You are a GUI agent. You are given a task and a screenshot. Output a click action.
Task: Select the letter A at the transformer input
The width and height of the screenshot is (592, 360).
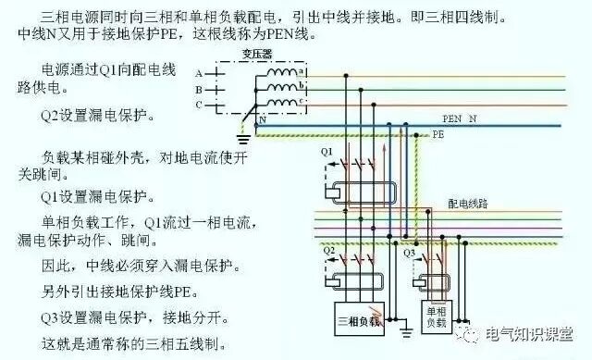[x=198, y=72]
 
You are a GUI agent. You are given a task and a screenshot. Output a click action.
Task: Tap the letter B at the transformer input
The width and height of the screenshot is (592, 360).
[x=198, y=89]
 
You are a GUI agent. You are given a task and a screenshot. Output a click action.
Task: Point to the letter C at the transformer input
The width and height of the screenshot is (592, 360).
[x=198, y=105]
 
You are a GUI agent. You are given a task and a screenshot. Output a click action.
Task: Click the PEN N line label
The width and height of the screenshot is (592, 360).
[x=460, y=119]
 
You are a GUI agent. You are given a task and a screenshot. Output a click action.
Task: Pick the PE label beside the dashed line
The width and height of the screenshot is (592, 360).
[x=439, y=134]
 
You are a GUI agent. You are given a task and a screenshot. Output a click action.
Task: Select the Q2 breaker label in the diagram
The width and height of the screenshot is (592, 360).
[x=327, y=250]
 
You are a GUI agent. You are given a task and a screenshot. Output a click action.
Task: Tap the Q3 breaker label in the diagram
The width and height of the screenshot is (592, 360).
[x=411, y=251]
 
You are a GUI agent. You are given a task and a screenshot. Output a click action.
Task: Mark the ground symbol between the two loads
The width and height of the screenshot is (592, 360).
[x=405, y=329]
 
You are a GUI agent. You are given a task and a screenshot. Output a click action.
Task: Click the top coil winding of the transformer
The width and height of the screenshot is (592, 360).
[x=281, y=72]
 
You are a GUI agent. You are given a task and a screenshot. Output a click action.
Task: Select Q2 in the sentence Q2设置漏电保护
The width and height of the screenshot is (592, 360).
[x=50, y=118]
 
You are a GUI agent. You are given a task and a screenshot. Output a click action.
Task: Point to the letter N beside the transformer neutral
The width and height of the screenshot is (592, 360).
[x=262, y=120]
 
